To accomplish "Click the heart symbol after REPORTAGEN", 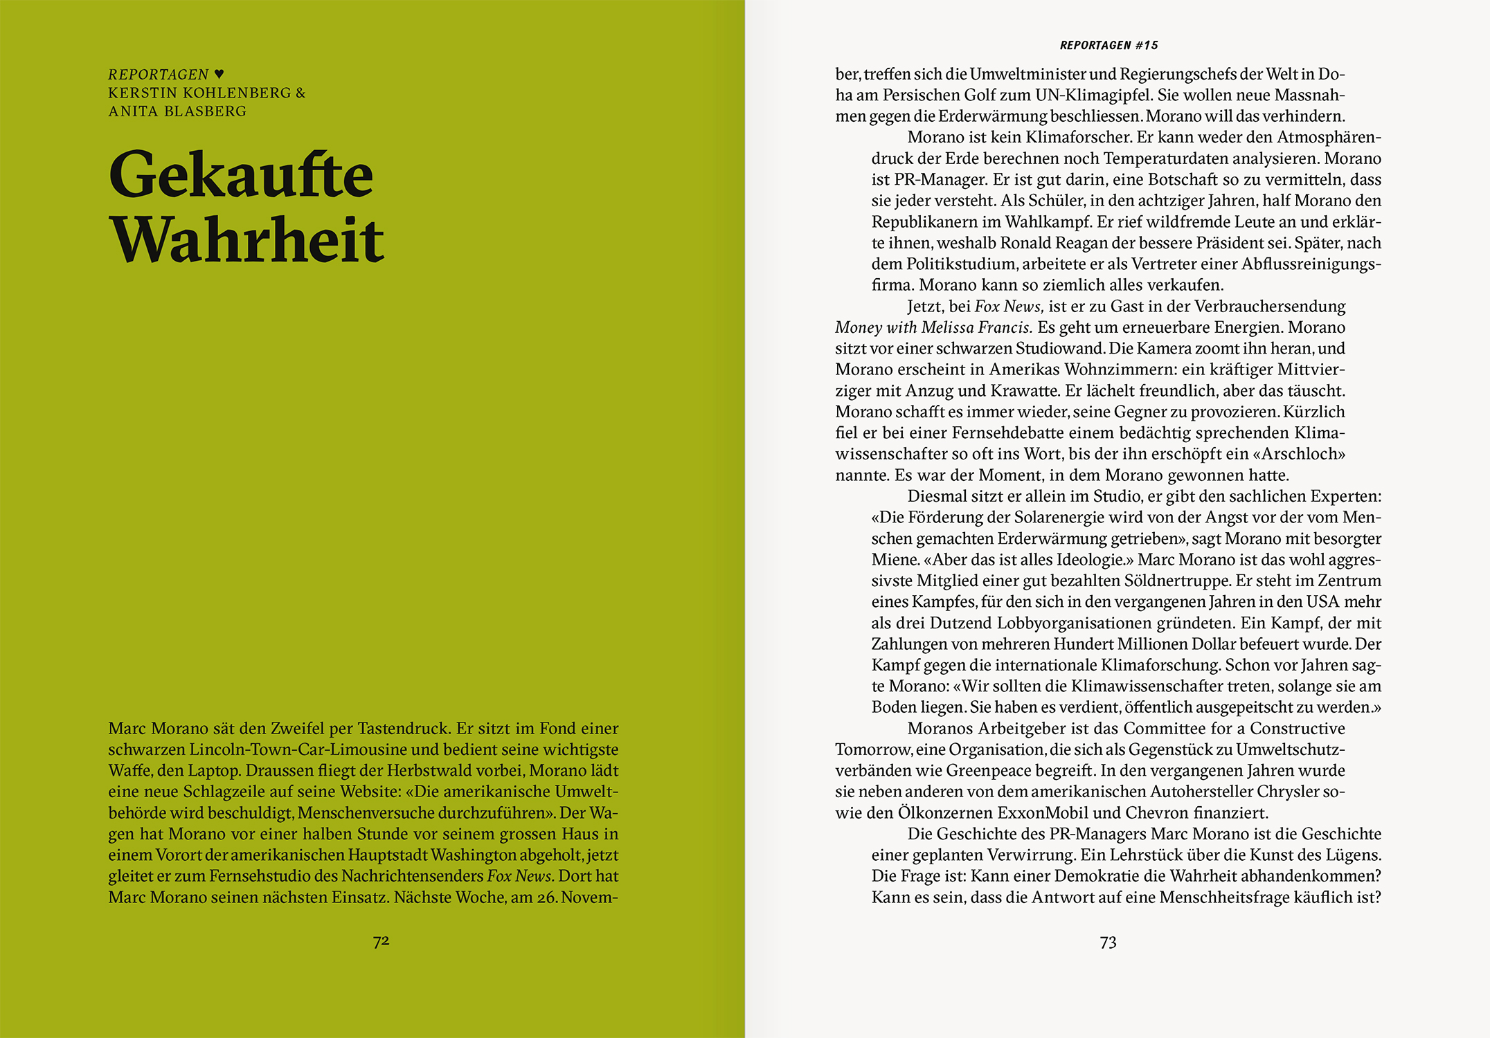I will tap(219, 74).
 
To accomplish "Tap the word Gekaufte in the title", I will tap(241, 174).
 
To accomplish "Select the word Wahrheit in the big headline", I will tap(246, 239).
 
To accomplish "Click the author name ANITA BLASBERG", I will tap(177, 111).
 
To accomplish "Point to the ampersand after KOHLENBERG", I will tap(300, 93).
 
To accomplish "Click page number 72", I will tap(381, 941).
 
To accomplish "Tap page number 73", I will tap(1108, 943).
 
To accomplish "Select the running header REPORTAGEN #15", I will tap(1108, 46).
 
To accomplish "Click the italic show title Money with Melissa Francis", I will tap(933, 327).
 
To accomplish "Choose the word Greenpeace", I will tap(995, 771).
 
